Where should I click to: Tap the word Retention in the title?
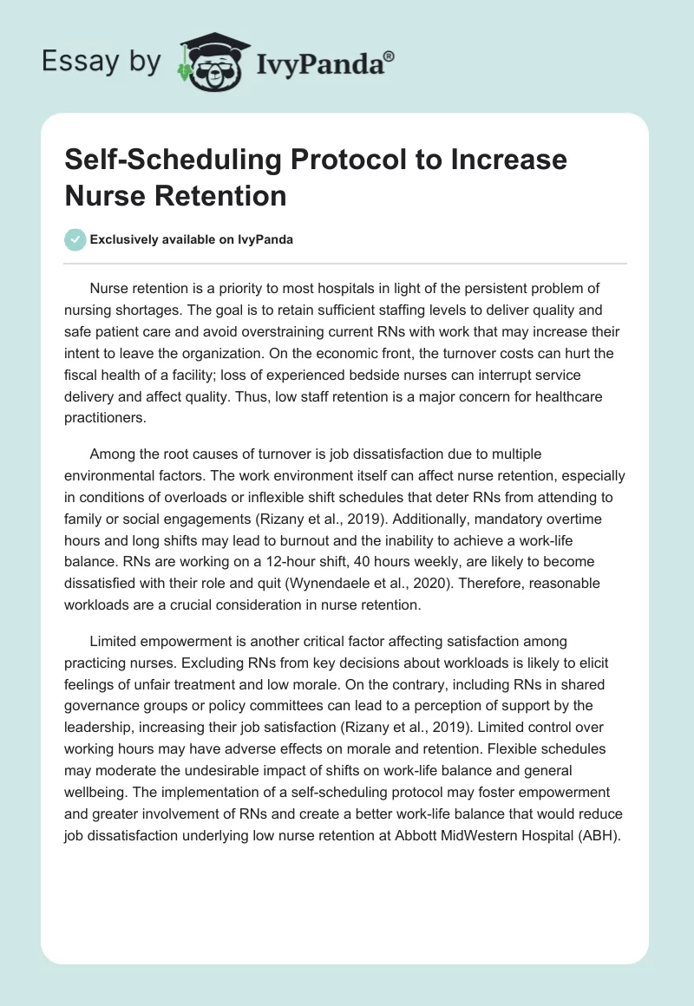click(x=219, y=195)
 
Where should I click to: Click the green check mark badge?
click(x=75, y=239)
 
